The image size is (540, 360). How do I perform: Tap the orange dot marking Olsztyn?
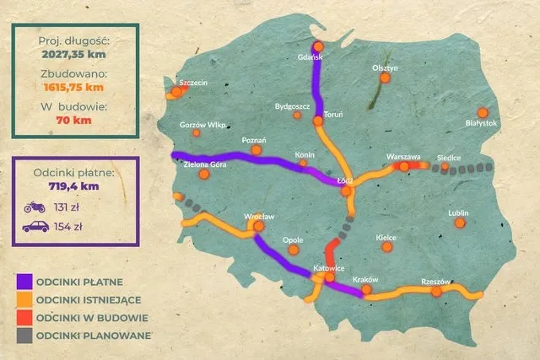tap(385, 78)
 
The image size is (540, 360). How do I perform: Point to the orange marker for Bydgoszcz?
tap(296, 115)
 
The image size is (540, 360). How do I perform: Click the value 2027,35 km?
tap(72, 55)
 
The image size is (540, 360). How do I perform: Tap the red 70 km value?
tap(72, 119)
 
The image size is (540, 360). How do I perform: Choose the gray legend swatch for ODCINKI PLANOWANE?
tap(23, 336)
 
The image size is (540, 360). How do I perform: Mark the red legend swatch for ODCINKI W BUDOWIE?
tap(23, 318)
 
